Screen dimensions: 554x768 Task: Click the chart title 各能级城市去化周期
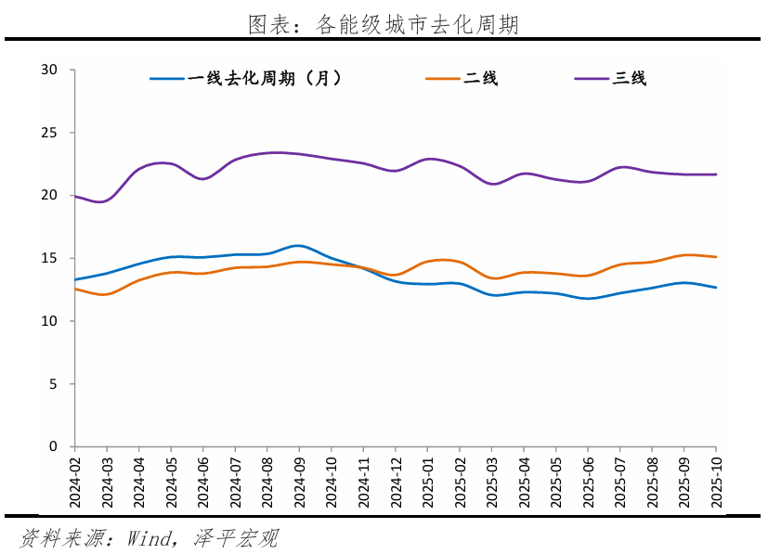coord(383,25)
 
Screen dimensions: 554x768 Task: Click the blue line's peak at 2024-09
coord(297,246)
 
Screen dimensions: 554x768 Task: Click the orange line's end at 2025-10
coord(716,257)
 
